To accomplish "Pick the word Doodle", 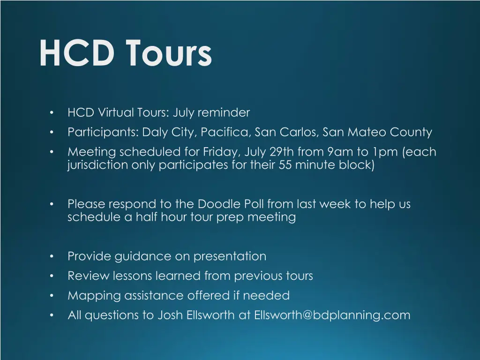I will point(218,204).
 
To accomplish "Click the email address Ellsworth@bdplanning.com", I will point(332,315).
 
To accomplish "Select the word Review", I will point(89,276).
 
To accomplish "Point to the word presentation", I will point(230,256).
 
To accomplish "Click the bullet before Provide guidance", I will point(51,256).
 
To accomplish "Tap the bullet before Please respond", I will point(51,204).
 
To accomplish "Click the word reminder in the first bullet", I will point(224,113).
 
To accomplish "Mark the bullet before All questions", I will point(51,315).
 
